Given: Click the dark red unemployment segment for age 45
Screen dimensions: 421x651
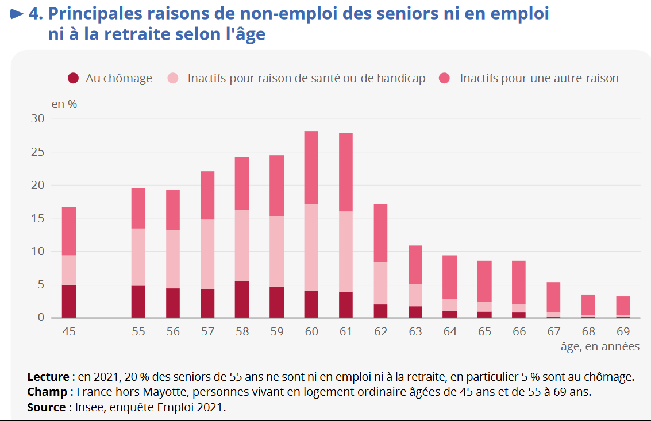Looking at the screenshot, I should point(69,301).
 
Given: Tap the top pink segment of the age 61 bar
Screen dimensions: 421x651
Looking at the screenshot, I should point(345,172).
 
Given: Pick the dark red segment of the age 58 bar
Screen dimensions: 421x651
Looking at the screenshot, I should point(242,299).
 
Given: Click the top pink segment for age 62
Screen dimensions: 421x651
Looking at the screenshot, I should point(380,233).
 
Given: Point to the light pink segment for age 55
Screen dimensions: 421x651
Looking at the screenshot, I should point(138,257).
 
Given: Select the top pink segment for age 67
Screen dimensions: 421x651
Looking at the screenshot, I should point(553,297).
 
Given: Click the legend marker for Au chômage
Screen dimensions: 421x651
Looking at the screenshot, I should point(73,78).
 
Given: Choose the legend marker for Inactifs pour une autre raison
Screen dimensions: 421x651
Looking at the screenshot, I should point(445,78).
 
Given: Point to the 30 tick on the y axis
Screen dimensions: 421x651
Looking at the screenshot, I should point(37,119).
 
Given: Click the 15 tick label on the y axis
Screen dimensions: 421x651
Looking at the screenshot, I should point(37,218).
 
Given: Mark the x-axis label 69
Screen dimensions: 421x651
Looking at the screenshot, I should point(623,332).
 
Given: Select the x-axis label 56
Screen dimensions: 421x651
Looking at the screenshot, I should point(173,332).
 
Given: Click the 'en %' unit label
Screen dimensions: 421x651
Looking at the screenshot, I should point(64,105).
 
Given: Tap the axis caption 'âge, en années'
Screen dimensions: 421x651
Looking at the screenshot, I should point(600,346).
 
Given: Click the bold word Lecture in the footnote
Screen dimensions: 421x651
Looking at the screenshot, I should point(48,377).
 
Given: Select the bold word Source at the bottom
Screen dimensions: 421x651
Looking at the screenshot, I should point(46,407).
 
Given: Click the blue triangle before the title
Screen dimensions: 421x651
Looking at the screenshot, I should point(18,13).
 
